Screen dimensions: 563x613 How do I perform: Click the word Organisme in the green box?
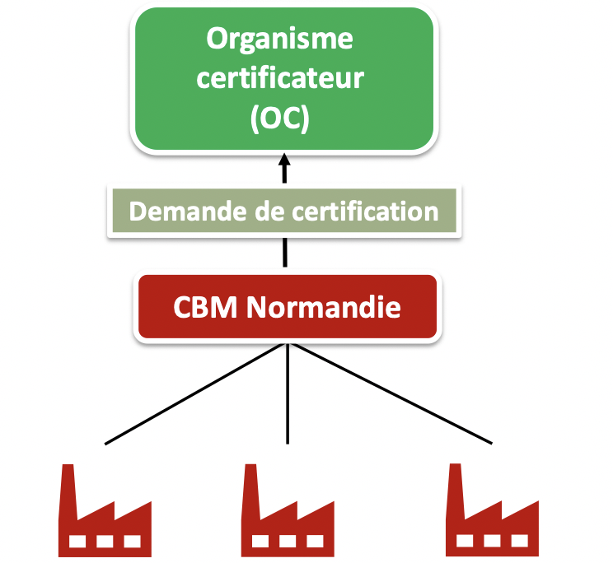click(x=280, y=39)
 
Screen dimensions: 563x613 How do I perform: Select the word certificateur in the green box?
click(x=281, y=79)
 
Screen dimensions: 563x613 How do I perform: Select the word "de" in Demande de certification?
click(x=263, y=212)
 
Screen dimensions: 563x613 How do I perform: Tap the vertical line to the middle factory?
click(x=287, y=395)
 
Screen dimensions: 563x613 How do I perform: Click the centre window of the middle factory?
click(x=288, y=542)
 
